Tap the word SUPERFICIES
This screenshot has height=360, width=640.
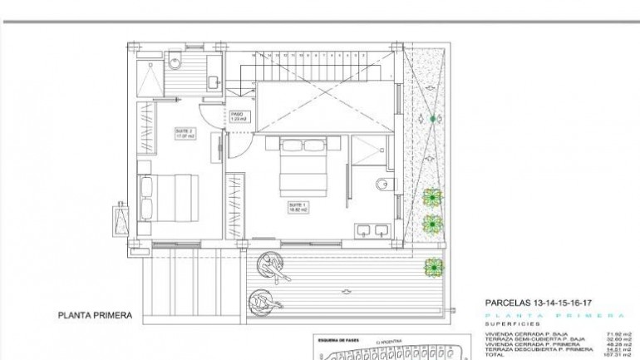512,323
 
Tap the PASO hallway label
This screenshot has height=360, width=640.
237,116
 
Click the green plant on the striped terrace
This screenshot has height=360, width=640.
432,266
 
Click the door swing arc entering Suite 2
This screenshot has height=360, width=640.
214,119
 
